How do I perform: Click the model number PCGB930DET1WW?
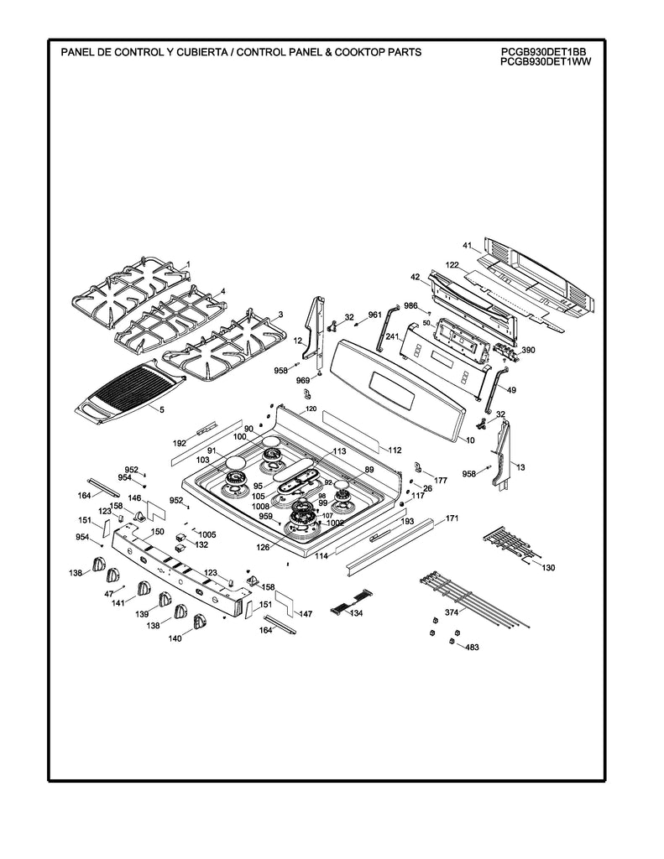544,61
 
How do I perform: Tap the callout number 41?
468,245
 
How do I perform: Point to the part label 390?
528,350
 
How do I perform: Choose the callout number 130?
548,568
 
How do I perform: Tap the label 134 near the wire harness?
356,613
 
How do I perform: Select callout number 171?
452,518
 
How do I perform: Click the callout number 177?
440,480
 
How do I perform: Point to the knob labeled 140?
199,621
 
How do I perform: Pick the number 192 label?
180,442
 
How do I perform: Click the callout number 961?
374,315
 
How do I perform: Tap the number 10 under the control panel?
470,440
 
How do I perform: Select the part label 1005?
207,534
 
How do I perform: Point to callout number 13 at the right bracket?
520,466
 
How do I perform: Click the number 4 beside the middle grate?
222,291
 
